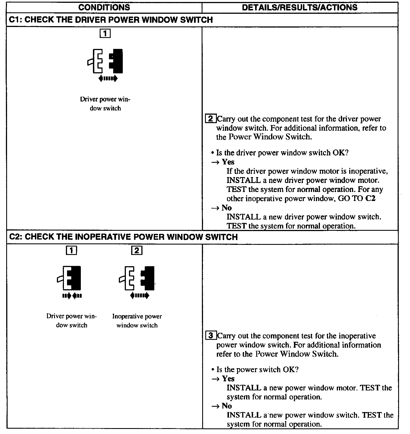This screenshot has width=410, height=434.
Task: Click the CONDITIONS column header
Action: [104, 7]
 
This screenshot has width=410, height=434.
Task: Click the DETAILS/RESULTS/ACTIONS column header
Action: [300, 7]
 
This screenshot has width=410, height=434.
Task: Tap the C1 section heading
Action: [111, 20]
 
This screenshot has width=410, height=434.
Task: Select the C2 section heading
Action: [123, 237]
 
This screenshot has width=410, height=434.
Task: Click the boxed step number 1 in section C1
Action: [105, 34]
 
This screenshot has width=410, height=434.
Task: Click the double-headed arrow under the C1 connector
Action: [108, 79]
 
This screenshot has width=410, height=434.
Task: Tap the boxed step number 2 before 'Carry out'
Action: [211, 119]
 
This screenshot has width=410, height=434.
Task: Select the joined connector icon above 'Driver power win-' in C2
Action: [70, 278]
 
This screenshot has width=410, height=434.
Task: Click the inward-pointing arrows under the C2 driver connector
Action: [72, 296]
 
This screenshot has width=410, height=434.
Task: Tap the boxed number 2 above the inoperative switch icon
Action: [137, 250]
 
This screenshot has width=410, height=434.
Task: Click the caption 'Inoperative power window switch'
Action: [137, 321]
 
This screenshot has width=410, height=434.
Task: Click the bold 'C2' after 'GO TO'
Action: [370, 198]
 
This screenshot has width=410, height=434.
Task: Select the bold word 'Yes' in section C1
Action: [228, 162]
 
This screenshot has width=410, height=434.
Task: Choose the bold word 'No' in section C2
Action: [227, 406]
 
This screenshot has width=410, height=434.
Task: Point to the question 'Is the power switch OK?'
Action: [257, 370]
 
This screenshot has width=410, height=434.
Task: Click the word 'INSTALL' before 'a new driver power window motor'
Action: [244, 180]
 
